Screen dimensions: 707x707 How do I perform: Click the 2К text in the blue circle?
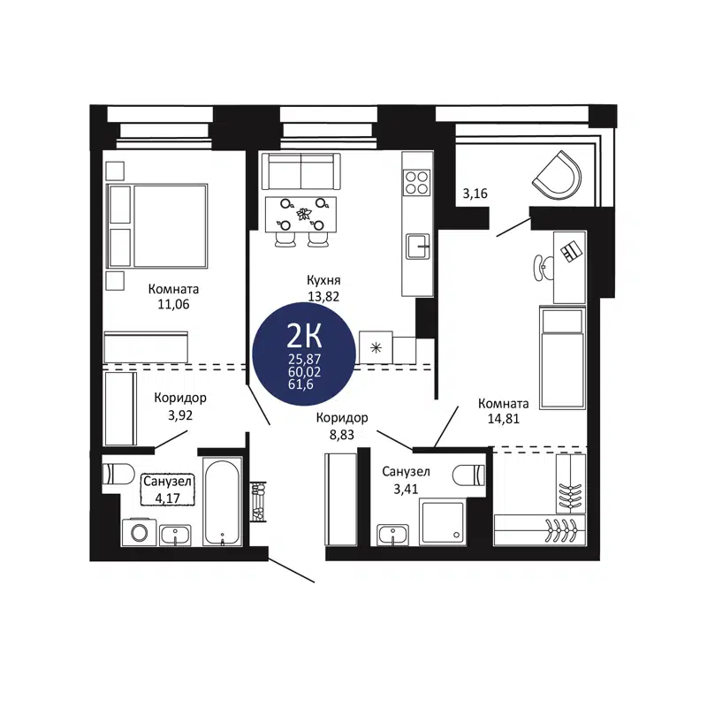pos(304,335)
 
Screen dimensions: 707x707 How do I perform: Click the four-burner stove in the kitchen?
pos(416,181)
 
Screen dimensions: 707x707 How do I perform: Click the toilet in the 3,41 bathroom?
pos(469,475)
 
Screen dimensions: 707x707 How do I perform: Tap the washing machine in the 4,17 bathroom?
pos(139,532)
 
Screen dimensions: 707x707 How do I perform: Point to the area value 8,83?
pos(342,433)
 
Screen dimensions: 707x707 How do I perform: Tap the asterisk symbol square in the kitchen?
pos(376,347)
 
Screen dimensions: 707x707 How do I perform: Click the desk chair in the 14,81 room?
pos(542,262)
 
